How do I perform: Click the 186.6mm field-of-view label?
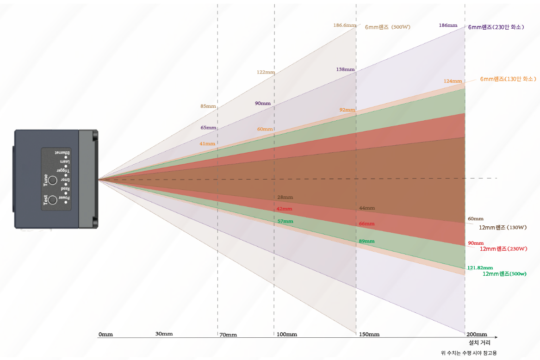click(x=345, y=25)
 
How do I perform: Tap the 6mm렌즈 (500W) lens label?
click(x=387, y=27)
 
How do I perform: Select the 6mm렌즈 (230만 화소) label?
click(x=496, y=27)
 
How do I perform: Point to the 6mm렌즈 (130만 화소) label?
click(x=508, y=79)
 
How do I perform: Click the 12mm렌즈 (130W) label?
click(x=503, y=228)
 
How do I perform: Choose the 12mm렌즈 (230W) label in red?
click(x=503, y=249)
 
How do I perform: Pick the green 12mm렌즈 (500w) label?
click(x=504, y=274)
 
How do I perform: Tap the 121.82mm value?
click(x=480, y=267)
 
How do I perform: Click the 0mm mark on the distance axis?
click(x=106, y=334)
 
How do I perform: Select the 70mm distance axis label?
click(x=228, y=335)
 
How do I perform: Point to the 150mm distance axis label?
click(x=369, y=335)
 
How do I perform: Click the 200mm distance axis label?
click(x=477, y=335)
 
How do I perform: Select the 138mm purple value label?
click(x=345, y=69)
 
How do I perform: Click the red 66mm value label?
click(x=366, y=224)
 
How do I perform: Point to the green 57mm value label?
click(x=285, y=221)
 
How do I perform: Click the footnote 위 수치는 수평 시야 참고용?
click(x=469, y=354)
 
